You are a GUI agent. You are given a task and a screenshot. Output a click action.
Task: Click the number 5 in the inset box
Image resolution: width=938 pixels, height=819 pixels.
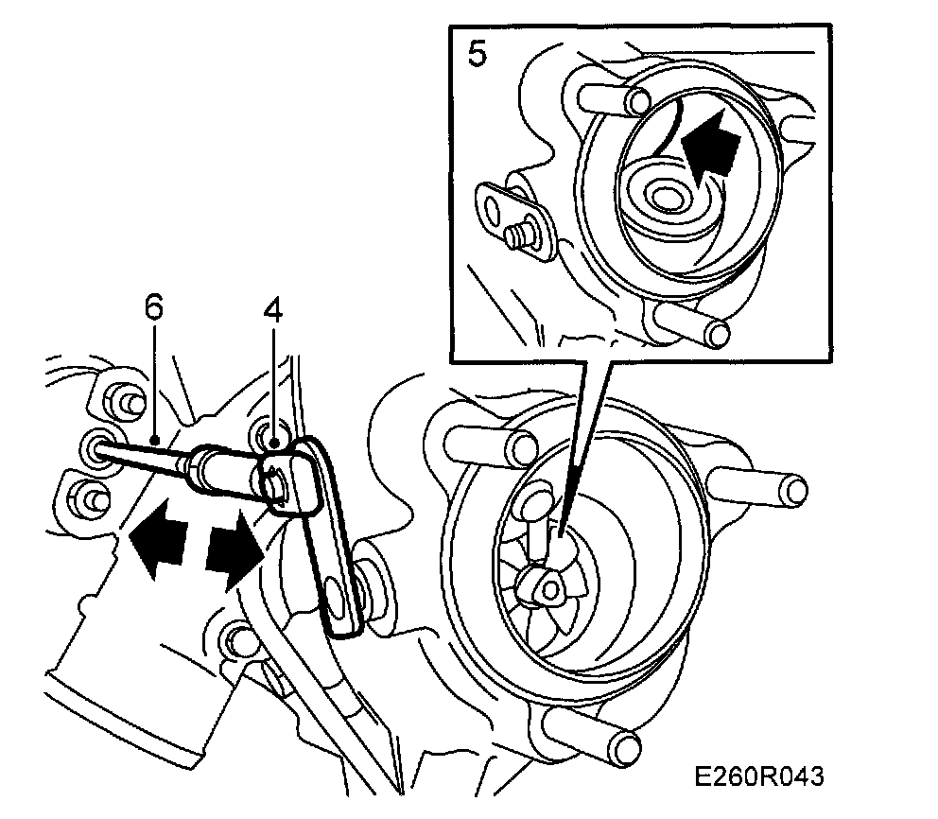coord(478,54)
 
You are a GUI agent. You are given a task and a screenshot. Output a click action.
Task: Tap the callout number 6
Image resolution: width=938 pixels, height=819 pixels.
coord(154,307)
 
